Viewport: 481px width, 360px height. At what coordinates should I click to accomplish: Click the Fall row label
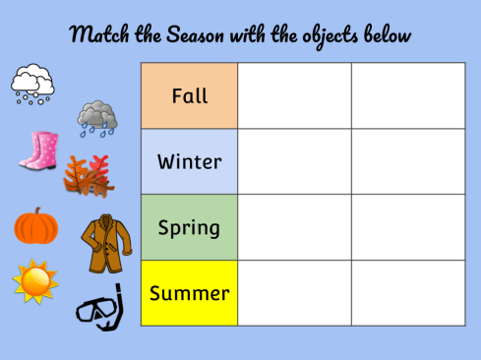[189, 96]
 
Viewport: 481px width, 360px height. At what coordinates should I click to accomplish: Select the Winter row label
[189, 161]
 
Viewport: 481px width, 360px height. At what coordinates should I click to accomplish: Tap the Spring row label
[189, 227]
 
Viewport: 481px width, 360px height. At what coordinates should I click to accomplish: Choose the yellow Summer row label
[189, 293]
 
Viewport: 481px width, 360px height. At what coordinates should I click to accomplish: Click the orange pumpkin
[35, 226]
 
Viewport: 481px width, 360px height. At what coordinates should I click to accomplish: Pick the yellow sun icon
[35, 280]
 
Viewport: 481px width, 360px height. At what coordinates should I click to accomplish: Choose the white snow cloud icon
[32, 83]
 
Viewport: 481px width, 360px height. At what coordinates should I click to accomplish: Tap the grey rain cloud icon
[98, 117]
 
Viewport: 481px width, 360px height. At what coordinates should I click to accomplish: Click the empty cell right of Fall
[294, 96]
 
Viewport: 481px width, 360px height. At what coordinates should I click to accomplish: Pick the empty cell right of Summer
[294, 293]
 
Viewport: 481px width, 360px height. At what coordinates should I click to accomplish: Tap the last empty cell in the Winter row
[408, 161]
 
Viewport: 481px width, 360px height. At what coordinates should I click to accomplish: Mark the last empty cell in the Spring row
[408, 227]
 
